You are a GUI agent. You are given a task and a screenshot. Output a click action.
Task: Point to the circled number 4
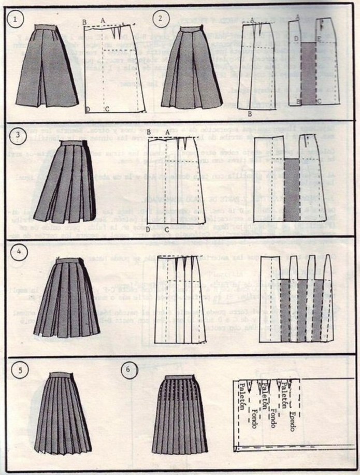point(18,253)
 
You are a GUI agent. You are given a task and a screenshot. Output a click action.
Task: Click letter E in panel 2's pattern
point(319,39)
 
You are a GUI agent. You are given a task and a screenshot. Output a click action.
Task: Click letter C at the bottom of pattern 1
point(107,109)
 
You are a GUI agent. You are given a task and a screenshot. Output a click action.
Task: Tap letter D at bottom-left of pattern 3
point(148,229)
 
